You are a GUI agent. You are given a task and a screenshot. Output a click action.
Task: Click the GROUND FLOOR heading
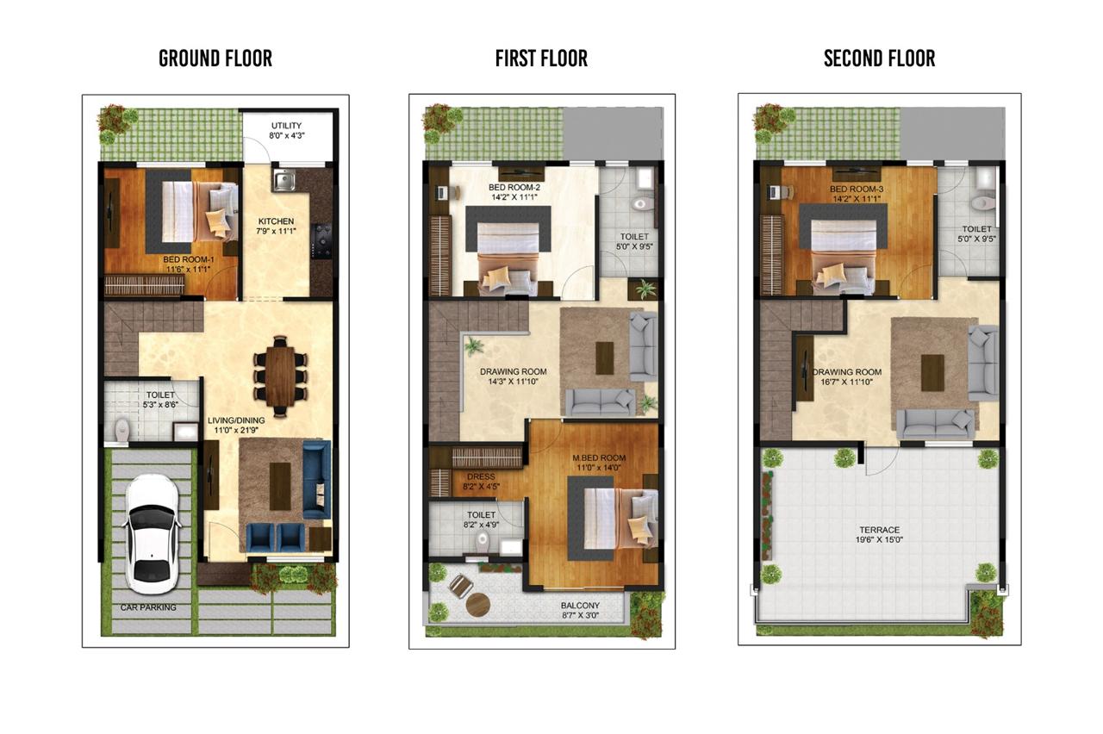pos(215,59)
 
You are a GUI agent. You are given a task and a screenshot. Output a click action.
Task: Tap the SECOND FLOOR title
pos(880,59)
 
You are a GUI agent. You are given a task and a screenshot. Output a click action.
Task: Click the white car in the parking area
pos(151,535)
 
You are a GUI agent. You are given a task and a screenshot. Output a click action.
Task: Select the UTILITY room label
pos(286,126)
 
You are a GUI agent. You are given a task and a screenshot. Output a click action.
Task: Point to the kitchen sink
pos(284,179)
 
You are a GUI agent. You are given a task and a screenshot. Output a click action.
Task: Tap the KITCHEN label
pos(276,221)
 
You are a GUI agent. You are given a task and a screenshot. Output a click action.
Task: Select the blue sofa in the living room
pos(316,480)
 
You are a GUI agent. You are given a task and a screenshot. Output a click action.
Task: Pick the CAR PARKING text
pos(148,607)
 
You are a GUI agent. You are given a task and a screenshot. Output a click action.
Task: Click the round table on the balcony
pos(477,605)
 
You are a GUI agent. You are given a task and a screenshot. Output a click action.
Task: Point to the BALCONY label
pos(580,606)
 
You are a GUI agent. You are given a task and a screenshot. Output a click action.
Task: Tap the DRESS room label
pos(481,477)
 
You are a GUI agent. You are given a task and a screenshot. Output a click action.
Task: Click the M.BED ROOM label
pos(599,457)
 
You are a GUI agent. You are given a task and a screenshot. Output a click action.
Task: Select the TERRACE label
pos(880,530)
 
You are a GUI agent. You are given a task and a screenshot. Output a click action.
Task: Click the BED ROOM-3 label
pos(857,189)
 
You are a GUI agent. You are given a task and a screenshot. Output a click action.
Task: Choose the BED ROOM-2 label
pos(514,188)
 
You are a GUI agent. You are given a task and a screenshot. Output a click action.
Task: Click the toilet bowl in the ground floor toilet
pos(122,430)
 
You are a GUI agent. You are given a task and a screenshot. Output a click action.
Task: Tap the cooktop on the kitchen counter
pos(323,240)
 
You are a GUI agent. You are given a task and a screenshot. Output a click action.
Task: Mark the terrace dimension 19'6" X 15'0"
pos(880,540)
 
